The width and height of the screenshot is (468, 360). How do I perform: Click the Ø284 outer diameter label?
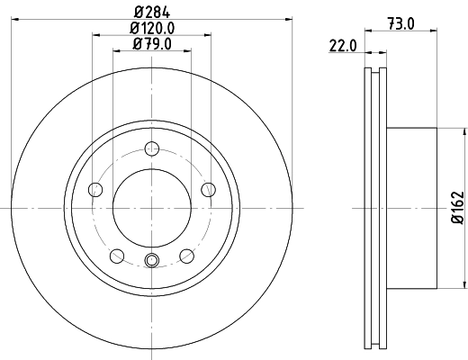pyautogui.click(x=152, y=12)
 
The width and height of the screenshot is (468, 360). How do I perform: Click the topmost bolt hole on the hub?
pyautogui.click(x=152, y=152)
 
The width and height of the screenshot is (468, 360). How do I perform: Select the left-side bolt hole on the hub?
pyautogui.click(x=95, y=189)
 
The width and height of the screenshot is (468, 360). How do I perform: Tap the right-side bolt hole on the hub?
pyautogui.click(x=209, y=189)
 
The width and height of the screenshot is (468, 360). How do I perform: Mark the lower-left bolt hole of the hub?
pyautogui.click(x=117, y=256)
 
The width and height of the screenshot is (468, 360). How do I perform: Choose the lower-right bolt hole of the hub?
pyautogui.click(x=187, y=256)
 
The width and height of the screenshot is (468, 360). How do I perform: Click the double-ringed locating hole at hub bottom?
pyautogui.click(x=152, y=261)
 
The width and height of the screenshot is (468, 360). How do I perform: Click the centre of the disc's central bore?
pyautogui.click(x=152, y=208)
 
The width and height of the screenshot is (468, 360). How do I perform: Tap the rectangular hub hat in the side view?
pyautogui.click(x=412, y=208)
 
